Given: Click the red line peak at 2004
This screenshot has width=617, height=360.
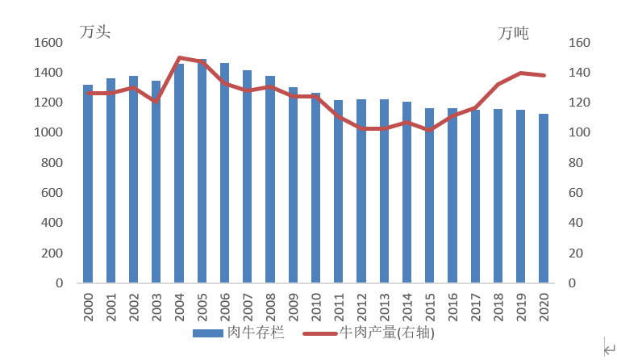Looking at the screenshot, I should tap(179, 57).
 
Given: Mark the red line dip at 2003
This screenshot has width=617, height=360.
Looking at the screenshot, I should tap(156, 102).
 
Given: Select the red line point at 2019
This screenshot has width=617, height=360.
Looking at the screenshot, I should tap(521, 73).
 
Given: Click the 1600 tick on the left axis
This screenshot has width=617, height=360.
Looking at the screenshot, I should tap(48, 43).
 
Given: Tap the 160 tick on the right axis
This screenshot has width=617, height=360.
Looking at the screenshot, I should tap(580, 43).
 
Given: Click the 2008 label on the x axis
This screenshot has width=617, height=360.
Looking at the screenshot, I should tap(271, 308).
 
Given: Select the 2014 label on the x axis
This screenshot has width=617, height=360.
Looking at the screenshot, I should tap(407, 308).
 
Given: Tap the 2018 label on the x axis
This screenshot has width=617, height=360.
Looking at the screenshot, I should tap(498, 308).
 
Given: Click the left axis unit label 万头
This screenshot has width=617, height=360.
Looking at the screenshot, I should tap(94, 32).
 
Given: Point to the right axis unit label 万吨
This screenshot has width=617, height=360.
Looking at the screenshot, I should tap(513, 33).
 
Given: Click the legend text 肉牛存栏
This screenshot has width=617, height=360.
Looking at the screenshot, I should tap(256, 332).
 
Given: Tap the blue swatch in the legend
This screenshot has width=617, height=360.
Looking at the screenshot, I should tap(208, 333).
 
